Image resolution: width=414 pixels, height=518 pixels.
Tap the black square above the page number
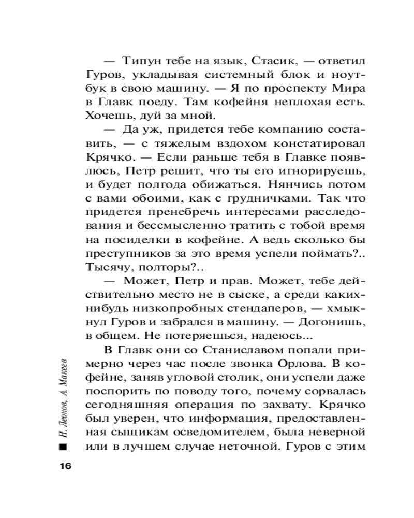coord(63,447)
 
